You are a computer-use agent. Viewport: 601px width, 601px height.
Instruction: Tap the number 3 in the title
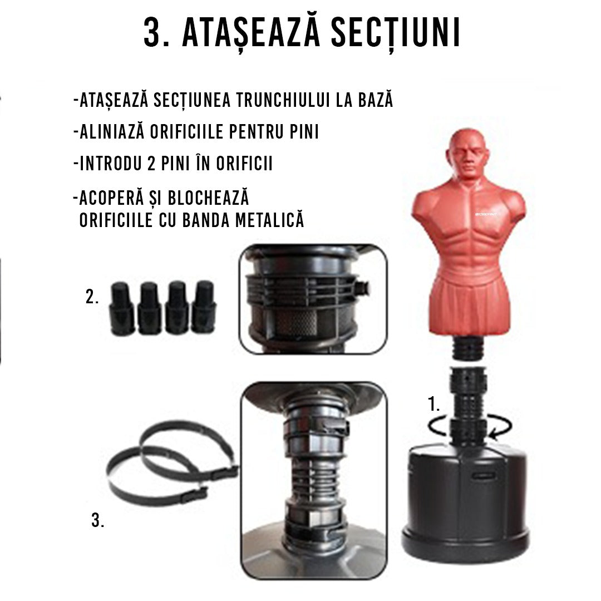(x=154, y=34)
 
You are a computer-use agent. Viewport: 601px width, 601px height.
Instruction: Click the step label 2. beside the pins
(x=92, y=297)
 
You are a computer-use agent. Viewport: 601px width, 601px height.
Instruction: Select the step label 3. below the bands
(x=97, y=522)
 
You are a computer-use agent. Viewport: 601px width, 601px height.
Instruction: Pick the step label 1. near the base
(x=435, y=405)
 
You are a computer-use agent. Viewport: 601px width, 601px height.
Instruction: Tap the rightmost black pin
(x=203, y=307)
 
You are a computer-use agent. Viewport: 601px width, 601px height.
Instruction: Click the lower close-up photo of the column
(x=313, y=474)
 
